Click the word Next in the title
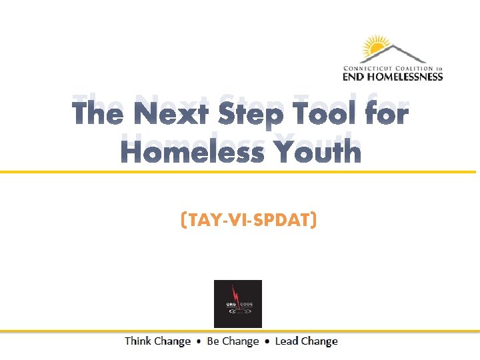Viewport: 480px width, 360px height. point(171,114)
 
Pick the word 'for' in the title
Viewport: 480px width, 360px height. point(387,114)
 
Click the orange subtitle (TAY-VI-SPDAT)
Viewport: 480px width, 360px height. point(248,219)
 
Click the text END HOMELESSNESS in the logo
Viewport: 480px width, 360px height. point(393,77)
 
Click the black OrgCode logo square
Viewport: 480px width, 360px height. point(237,303)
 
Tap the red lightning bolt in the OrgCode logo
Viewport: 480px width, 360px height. point(235,293)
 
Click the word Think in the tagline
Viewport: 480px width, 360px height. point(138,341)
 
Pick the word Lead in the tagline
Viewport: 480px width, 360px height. point(287,341)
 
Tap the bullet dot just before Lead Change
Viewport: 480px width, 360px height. point(267,341)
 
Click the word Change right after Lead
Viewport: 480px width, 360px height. point(320,341)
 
